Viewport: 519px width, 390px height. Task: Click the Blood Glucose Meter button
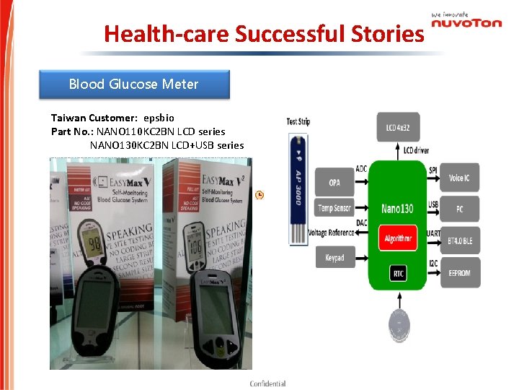(134, 84)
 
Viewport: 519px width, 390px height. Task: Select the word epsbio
(159, 117)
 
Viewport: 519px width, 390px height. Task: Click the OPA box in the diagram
(334, 183)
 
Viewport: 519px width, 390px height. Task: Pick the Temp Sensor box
(334, 208)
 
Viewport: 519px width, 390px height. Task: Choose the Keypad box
(334, 257)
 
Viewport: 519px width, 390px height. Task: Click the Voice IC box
(460, 178)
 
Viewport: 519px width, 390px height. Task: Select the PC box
(460, 209)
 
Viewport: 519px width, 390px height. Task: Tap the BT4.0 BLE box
(460, 240)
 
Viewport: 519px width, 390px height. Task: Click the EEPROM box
(460, 273)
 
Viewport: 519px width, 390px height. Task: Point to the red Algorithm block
(398, 238)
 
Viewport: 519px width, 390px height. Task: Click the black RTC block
(398, 273)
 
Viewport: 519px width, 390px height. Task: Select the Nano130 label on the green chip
(397, 209)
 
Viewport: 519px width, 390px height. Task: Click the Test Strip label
(298, 121)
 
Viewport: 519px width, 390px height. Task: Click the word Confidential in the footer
(267, 383)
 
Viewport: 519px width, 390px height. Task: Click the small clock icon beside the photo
(259, 195)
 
